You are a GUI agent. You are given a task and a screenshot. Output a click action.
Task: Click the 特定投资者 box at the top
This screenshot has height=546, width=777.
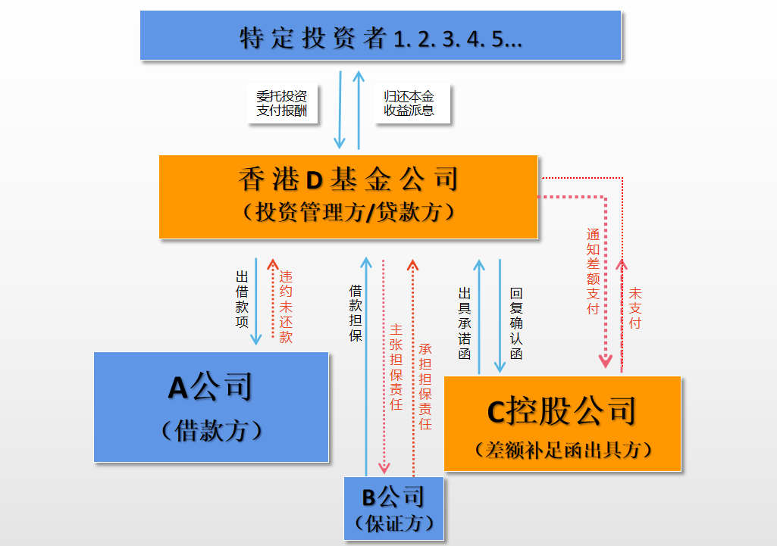pos(381,36)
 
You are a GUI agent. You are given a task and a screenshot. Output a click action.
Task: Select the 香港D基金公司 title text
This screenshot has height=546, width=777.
pos(349,180)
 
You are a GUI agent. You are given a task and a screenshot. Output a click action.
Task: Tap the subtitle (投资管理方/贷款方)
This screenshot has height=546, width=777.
pos(349,213)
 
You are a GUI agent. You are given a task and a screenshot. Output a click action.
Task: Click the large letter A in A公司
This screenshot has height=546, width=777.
pos(177,388)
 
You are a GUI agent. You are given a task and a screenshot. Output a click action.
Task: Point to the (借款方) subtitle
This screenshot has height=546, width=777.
pos(211,431)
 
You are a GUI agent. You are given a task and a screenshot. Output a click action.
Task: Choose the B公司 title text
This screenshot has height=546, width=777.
pos(393,498)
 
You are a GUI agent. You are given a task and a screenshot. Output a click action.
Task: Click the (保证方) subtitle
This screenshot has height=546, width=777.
pos(393,523)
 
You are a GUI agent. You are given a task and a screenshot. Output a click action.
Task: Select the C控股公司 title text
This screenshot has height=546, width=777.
pos(562,411)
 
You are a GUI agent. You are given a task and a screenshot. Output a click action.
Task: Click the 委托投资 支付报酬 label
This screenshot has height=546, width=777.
pos(281,104)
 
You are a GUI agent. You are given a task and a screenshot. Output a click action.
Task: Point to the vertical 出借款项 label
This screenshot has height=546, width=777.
pos(243,298)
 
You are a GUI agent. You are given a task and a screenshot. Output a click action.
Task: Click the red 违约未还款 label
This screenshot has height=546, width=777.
pos(286,307)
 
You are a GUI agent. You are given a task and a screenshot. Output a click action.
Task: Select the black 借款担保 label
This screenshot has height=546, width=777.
pos(356,313)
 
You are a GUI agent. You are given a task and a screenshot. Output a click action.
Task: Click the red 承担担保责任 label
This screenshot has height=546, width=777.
pos(425,385)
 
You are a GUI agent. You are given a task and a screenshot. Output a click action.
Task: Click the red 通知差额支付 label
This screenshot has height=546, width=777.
pos(593,272)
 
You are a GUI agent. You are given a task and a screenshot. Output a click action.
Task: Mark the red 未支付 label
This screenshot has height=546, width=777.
pos(635,307)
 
